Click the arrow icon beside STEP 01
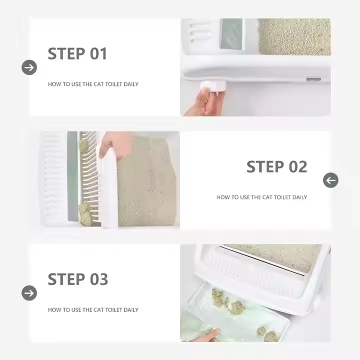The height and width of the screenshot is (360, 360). [x=29, y=67]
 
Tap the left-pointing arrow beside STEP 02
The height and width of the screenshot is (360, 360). [x=330, y=180]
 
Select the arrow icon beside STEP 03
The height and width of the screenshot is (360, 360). [x=29, y=293]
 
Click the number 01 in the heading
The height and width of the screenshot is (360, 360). [x=98, y=53]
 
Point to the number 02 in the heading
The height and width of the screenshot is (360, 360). [x=298, y=166]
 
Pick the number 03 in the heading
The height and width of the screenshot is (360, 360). [x=98, y=279]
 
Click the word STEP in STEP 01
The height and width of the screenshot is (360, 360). [x=66, y=53]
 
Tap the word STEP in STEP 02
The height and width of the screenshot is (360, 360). [x=265, y=166]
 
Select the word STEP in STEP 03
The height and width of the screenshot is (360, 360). [x=66, y=279]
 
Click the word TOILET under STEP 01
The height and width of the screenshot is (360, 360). [x=113, y=84]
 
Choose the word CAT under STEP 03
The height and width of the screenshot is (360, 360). [x=98, y=309]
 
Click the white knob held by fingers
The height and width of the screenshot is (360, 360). [x=213, y=87]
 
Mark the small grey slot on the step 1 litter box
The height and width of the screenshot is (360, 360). [x=313, y=79]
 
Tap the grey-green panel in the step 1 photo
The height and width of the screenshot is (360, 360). [x=231, y=34]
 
